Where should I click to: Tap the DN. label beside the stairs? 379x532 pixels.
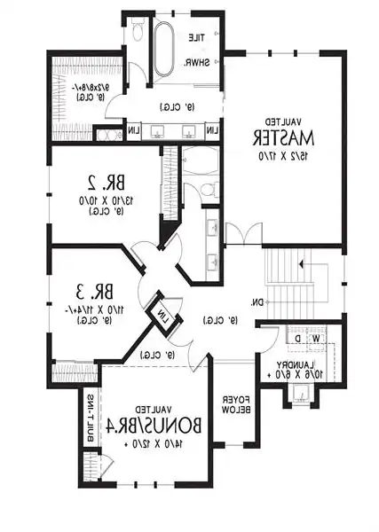pos(257,303)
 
